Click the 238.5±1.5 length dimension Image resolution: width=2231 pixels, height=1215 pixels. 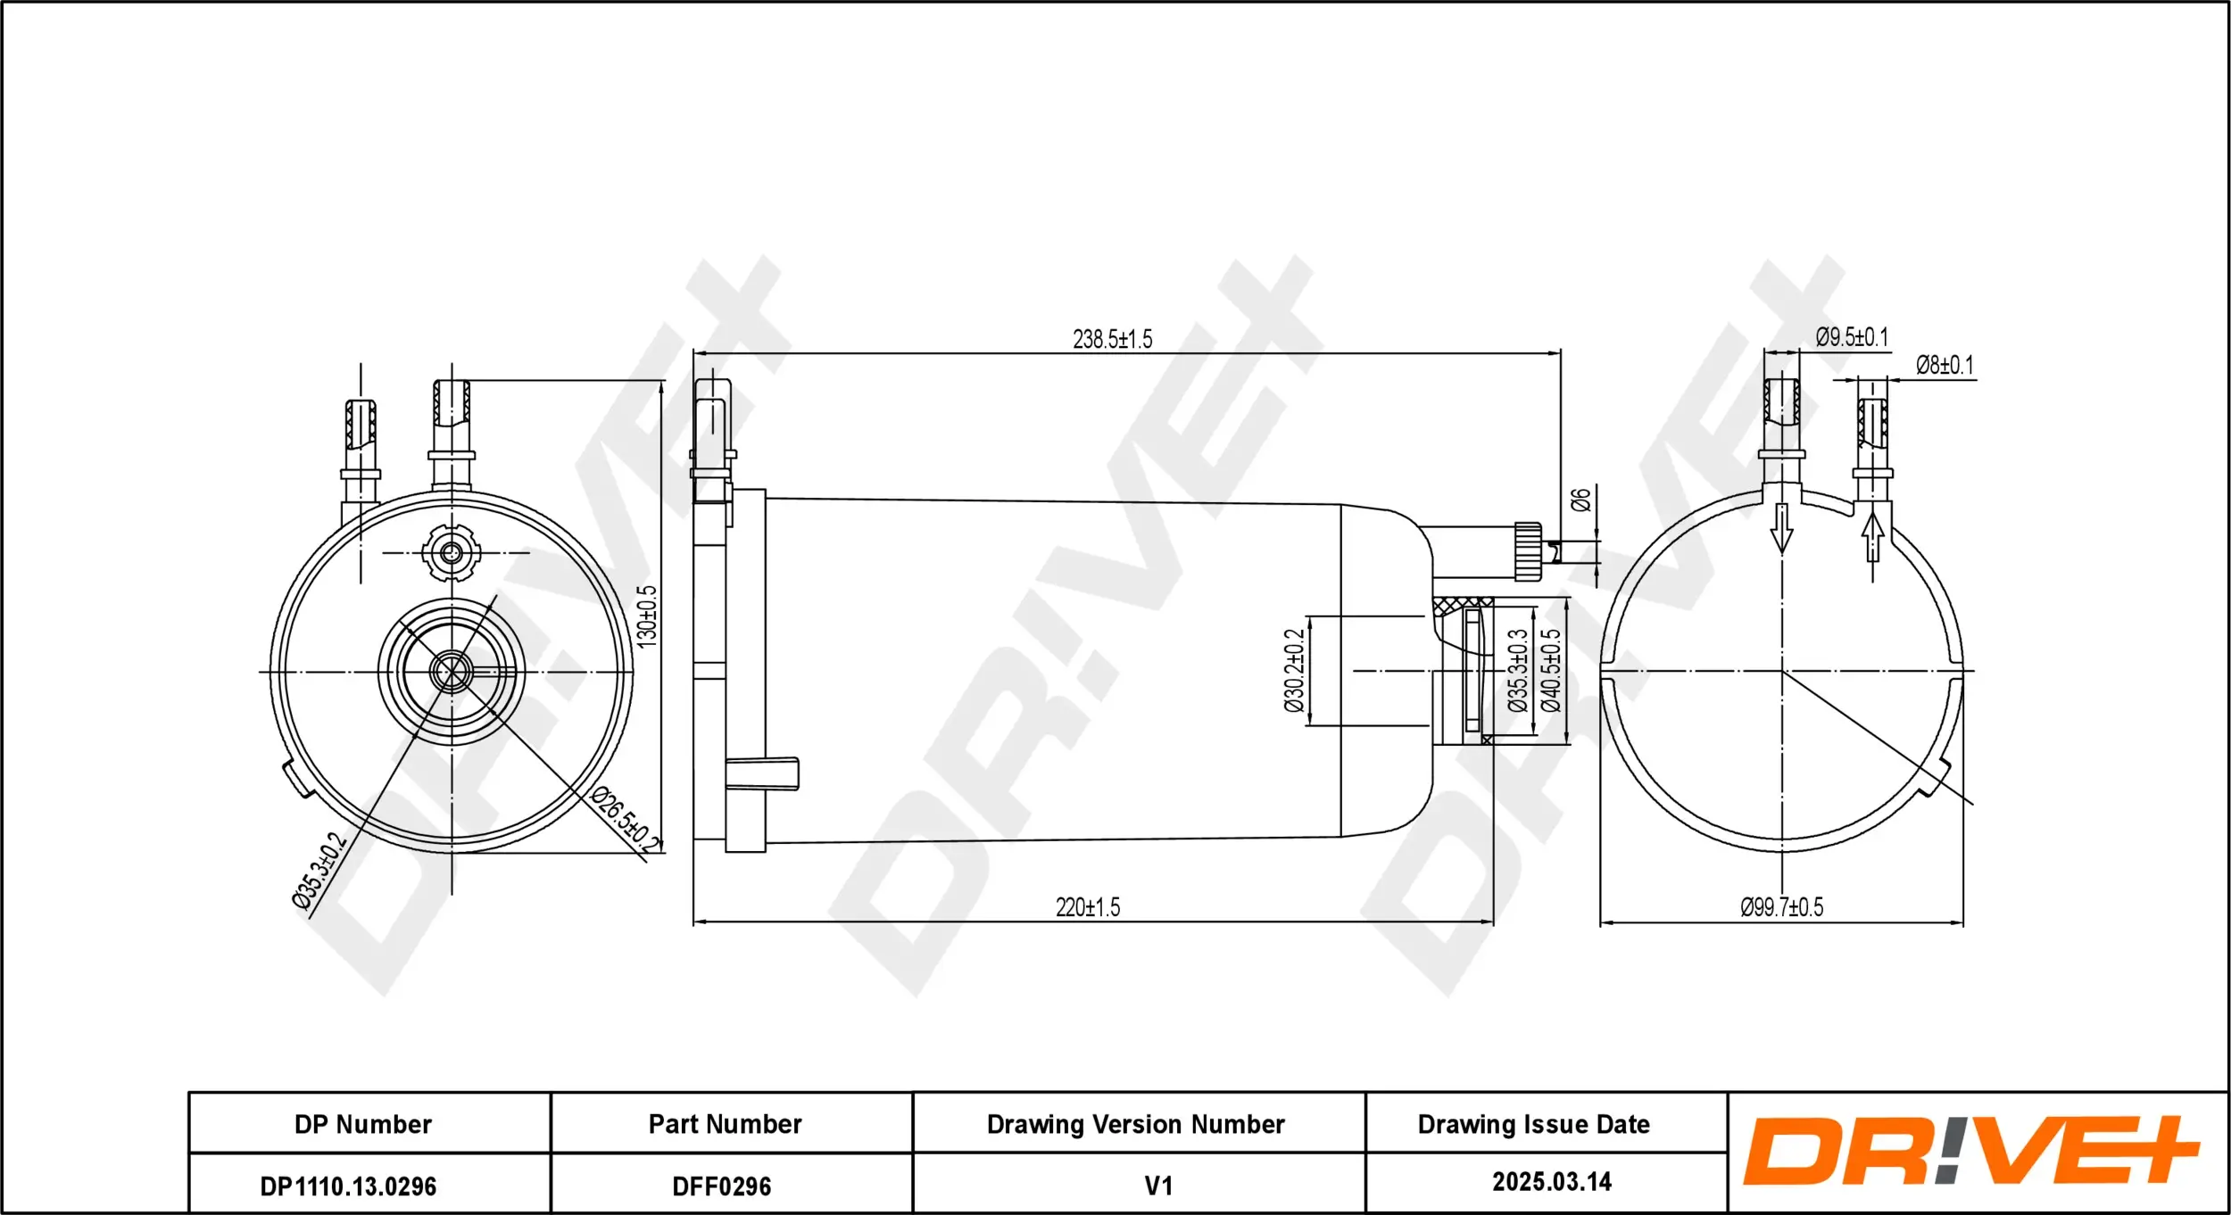pos(1112,340)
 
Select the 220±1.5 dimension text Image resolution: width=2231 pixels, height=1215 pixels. pos(1087,907)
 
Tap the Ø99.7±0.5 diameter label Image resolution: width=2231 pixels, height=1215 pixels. pos(1781,907)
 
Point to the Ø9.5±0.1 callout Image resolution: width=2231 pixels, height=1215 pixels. pos(1852,337)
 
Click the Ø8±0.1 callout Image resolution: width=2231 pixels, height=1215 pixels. pos(1945,366)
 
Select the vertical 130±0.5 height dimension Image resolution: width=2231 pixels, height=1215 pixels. pos(647,616)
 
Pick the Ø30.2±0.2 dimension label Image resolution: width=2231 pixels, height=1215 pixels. pos(1295,670)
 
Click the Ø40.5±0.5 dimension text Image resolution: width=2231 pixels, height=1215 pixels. pos(1552,670)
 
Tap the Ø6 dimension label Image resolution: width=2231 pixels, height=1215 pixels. pos(1580,500)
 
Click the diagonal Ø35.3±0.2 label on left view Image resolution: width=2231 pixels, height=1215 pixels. pos(319,871)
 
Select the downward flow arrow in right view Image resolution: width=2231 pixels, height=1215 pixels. pos(1781,528)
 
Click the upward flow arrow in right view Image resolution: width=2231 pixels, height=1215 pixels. pos(1873,537)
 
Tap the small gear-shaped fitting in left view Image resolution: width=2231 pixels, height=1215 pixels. pos(452,553)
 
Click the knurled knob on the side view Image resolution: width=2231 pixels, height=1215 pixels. pos(1528,551)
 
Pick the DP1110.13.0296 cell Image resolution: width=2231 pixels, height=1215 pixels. pos(348,1186)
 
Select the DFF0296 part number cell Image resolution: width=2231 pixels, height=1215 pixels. pos(721,1186)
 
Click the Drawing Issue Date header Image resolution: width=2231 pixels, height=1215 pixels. pos(1533,1125)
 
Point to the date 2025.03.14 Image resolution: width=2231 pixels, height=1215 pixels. pos(1551,1182)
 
